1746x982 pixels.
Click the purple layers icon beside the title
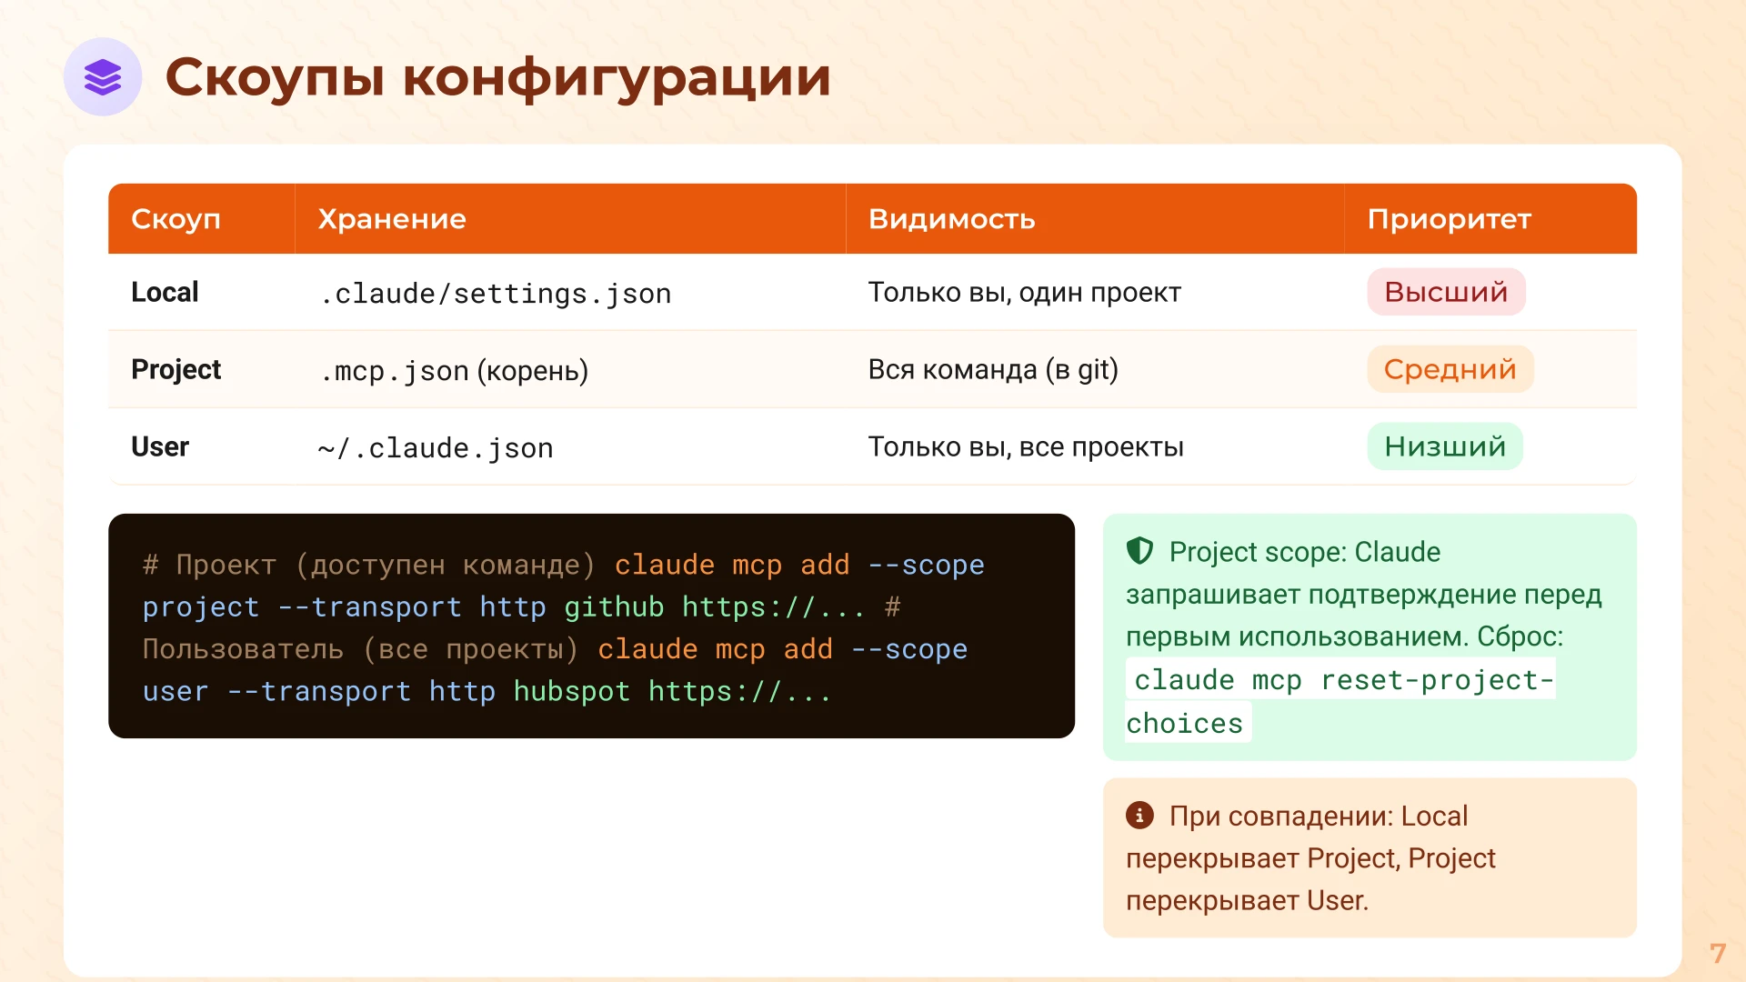tap(103, 77)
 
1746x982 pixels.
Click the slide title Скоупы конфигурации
tap(497, 77)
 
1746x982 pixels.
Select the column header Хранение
tap(392, 219)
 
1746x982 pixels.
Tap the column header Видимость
tap(951, 219)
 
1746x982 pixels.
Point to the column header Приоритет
tap(1449, 219)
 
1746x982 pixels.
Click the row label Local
tap(165, 293)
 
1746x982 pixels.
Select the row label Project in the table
tap(176, 370)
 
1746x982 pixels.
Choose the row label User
tap(160, 447)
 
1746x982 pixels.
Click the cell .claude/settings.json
tap(495, 294)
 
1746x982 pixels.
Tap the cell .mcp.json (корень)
tap(453, 371)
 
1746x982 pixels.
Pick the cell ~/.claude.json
tap(435, 448)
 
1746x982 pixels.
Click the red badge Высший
tap(1446, 292)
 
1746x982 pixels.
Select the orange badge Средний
tap(1450, 369)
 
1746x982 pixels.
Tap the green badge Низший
tap(1445, 446)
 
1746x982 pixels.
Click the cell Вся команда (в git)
tap(993, 370)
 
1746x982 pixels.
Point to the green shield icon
tap(1139, 551)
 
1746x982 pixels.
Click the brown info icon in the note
tap(1139, 815)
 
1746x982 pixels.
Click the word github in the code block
tap(614, 606)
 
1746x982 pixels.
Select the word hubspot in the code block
tap(571, 691)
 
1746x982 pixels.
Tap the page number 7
tap(1717, 953)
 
